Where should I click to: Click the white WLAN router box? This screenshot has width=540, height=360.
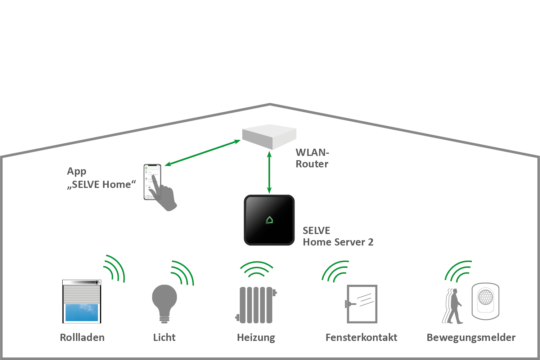point(269,136)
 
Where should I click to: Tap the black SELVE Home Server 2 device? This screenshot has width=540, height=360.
point(269,220)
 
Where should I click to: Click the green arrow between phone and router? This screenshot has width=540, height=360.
point(203,153)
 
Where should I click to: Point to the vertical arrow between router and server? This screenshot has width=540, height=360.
point(269,172)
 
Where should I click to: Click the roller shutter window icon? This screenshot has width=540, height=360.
point(82,302)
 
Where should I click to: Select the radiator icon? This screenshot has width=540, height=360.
point(256,305)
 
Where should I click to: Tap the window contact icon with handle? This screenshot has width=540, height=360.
point(361,304)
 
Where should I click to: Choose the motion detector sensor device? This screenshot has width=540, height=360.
point(486,301)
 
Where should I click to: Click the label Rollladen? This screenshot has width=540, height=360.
point(82,338)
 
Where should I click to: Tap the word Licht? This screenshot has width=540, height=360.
point(164,338)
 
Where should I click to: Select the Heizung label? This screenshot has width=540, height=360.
point(256,338)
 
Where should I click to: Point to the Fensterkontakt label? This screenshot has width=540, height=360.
point(361,338)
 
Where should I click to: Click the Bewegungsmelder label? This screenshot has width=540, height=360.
point(471,338)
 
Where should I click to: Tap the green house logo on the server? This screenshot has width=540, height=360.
point(269,220)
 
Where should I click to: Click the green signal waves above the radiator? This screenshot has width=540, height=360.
point(256,269)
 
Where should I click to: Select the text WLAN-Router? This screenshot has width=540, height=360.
point(312,158)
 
